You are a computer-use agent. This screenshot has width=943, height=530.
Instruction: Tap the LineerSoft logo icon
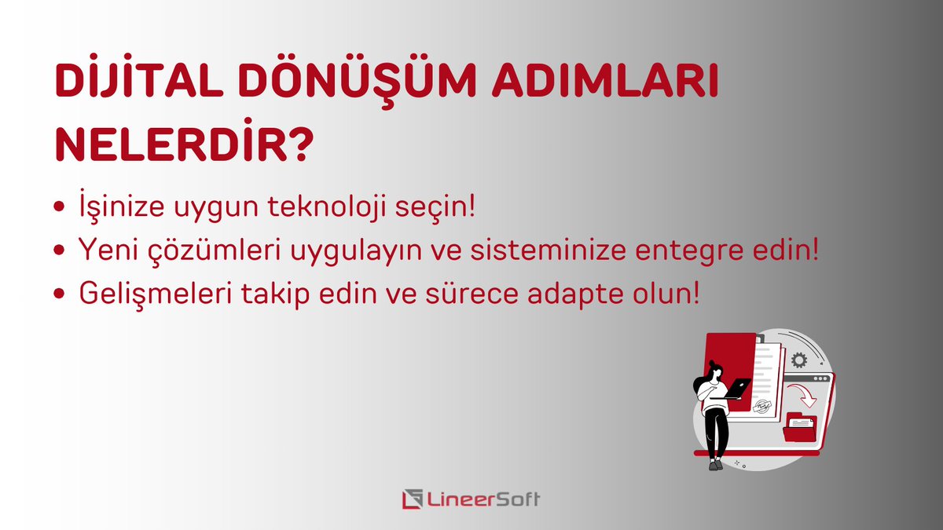pyautogui.click(x=412, y=499)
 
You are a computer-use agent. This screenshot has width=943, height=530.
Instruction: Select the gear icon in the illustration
pyautogui.click(x=799, y=360)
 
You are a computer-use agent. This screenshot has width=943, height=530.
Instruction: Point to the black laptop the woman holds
pyautogui.click(x=738, y=387)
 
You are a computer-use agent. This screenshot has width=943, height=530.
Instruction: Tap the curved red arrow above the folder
pyautogui.click(x=803, y=393)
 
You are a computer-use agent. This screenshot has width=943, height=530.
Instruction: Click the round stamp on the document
pyautogui.click(x=761, y=405)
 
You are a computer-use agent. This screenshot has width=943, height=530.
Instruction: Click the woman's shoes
pyautogui.click(x=715, y=465)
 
